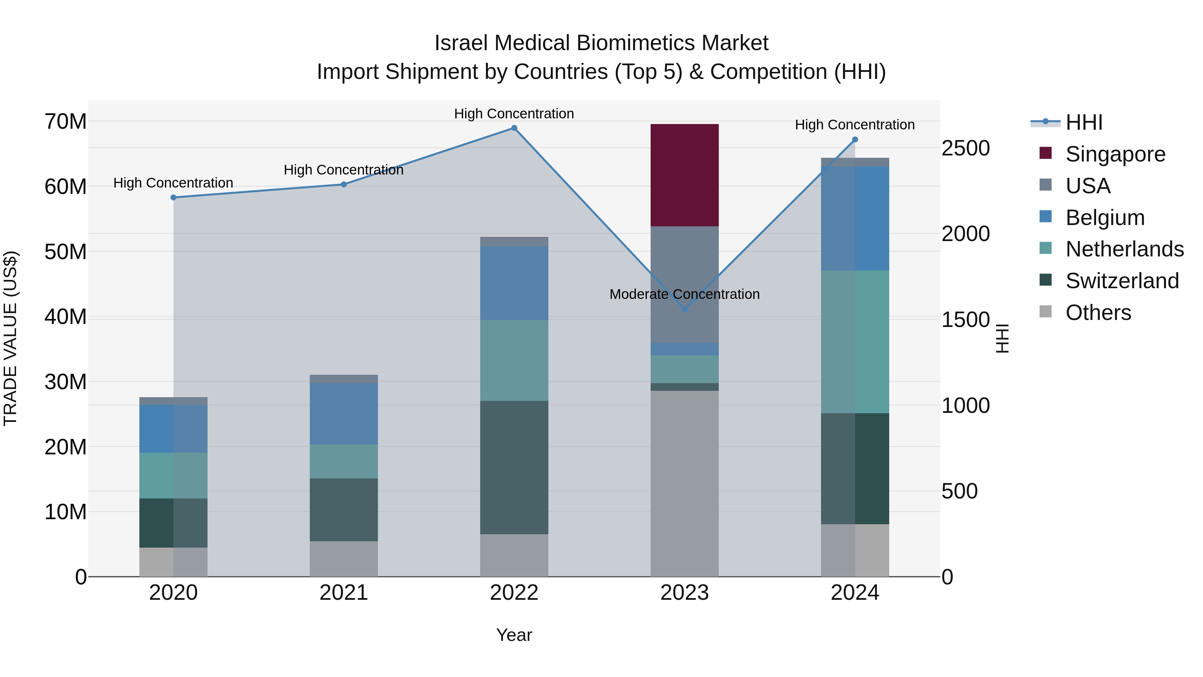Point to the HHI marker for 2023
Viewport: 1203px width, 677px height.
click(685, 309)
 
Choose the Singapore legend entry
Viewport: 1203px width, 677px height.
click(1115, 154)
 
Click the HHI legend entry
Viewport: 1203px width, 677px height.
click(1083, 122)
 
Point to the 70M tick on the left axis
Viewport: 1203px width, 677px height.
click(65, 121)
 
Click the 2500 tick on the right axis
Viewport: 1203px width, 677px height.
click(965, 148)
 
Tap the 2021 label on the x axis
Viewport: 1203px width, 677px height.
click(344, 593)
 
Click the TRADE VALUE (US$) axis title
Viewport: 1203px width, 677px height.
click(10, 338)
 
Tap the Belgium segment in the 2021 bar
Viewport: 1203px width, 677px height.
click(344, 414)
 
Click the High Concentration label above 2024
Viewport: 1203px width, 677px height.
click(854, 125)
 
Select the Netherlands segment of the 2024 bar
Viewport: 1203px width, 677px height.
click(854, 342)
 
